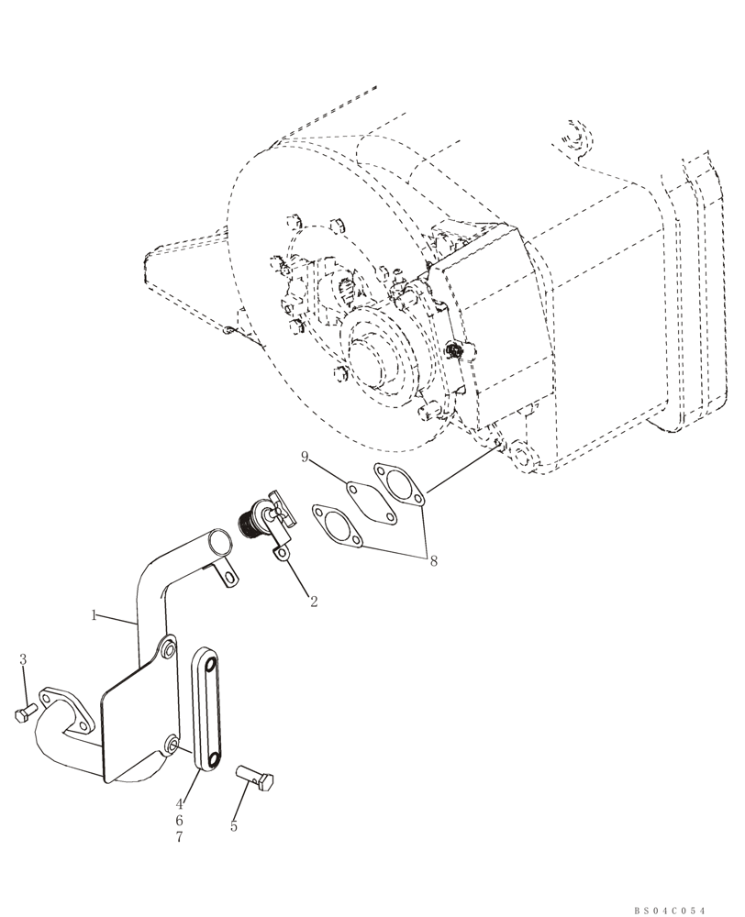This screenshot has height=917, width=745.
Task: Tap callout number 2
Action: tap(313, 602)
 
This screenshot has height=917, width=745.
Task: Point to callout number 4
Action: tap(180, 804)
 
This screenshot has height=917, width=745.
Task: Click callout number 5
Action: tap(233, 826)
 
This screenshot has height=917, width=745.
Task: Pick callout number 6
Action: tap(180, 821)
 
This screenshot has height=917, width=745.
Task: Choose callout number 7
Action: tap(180, 837)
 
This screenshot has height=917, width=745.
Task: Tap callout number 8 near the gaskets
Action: tap(433, 561)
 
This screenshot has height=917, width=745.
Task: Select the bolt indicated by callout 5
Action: tap(256, 778)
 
